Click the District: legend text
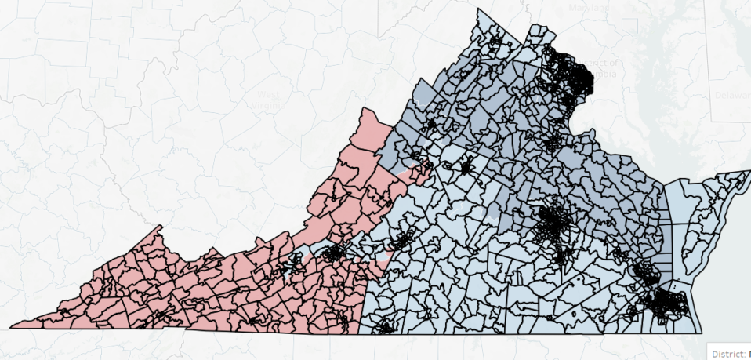(727, 352)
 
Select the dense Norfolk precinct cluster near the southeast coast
(665, 302)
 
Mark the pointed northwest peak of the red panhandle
(160, 227)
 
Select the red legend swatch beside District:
(749, 352)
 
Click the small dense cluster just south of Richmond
(561, 254)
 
